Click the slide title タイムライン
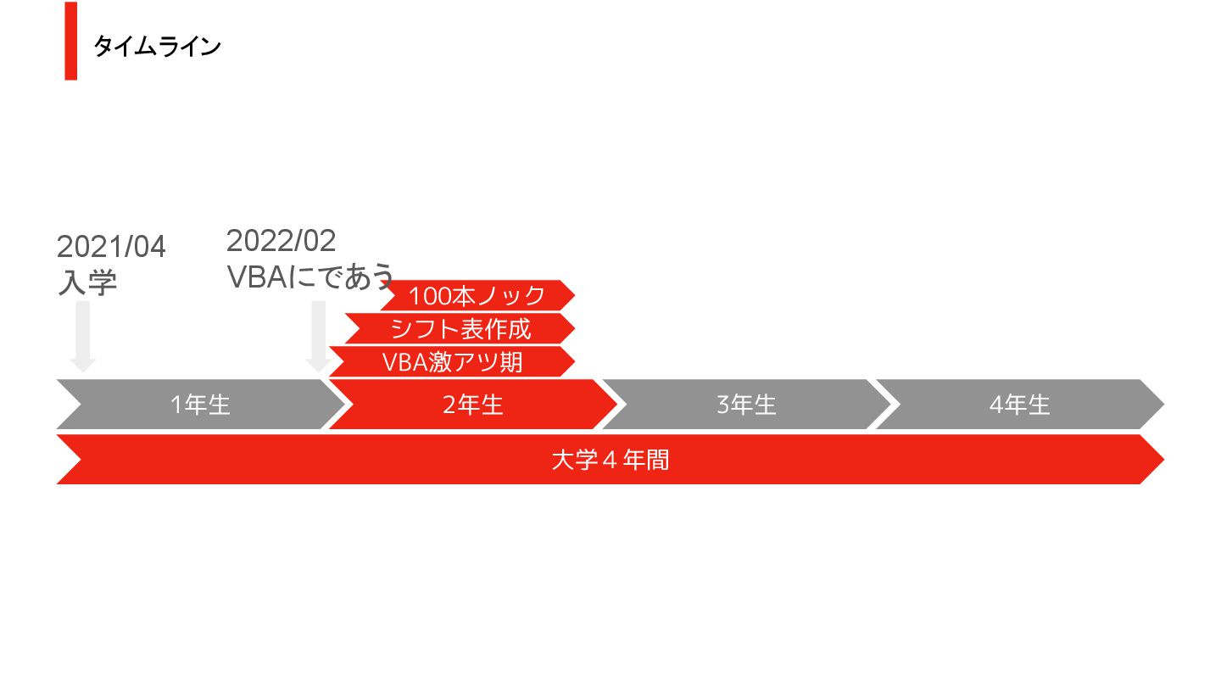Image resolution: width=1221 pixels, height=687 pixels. pyautogui.click(x=157, y=46)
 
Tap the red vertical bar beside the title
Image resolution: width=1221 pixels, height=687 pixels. pyautogui.click(x=70, y=41)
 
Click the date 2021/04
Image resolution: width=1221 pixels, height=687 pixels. pyautogui.click(x=111, y=247)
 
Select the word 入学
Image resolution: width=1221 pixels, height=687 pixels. pyautogui.click(x=86, y=282)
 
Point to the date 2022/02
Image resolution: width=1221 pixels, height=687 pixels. pyautogui.click(x=281, y=241)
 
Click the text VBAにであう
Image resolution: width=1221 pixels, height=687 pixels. pyautogui.click(x=310, y=276)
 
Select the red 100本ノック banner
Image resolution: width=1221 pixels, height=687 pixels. pyautogui.click(x=477, y=295)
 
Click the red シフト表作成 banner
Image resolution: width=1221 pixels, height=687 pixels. pyautogui.click(x=460, y=328)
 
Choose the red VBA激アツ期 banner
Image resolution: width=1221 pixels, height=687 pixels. pyautogui.click(x=452, y=361)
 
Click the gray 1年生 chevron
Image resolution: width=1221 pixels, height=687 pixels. pyautogui.click(x=200, y=405)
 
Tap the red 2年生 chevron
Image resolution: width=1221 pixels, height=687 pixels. pyautogui.click(x=472, y=405)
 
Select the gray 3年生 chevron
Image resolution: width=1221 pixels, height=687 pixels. pyautogui.click(x=746, y=405)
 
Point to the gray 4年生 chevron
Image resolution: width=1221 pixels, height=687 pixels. pyautogui.click(x=1019, y=405)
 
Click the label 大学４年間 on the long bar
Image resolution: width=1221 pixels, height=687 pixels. pyautogui.click(x=610, y=460)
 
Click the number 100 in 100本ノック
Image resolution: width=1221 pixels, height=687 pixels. pyautogui.click(x=427, y=296)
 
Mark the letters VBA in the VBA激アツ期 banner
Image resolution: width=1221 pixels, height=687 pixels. pyautogui.click(x=404, y=362)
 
